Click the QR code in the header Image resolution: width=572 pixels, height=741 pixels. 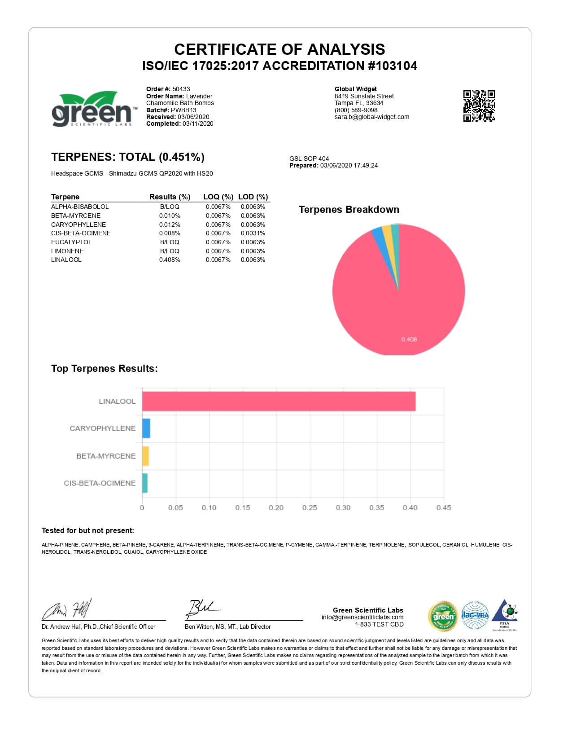click(x=479, y=106)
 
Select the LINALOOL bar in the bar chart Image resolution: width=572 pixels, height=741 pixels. click(x=279, y=401)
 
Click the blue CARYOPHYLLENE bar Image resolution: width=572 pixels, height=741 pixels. click(x=146, y=428)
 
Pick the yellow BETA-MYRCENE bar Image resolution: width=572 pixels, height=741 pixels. click(x=145, y=456)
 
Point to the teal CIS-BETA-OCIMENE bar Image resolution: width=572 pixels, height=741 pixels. click(x=144, y=483)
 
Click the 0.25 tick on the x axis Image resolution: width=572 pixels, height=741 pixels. click(x=310, y=507)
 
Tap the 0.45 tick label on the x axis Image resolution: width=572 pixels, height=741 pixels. click(x=444, y=507)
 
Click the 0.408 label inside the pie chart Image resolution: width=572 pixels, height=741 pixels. click(x=409, y=339)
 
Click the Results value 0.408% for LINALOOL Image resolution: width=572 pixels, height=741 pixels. click(x=170, y=260)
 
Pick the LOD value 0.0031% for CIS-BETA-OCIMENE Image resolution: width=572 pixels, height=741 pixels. click(x=253, y=233)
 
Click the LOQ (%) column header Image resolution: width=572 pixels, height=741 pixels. click(x=218, y=197)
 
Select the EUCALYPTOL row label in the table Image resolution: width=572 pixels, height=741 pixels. click(x=71, y=242)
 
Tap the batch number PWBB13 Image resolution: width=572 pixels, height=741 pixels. click(x=183, y=110)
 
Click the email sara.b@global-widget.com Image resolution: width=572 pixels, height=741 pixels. click(x=372, y=117)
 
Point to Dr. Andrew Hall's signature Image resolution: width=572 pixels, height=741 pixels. click(x=67, y=609)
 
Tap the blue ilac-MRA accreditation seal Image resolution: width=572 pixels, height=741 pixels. click(x=475, y=615)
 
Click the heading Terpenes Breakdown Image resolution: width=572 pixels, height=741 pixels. click(x=349, y=210)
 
